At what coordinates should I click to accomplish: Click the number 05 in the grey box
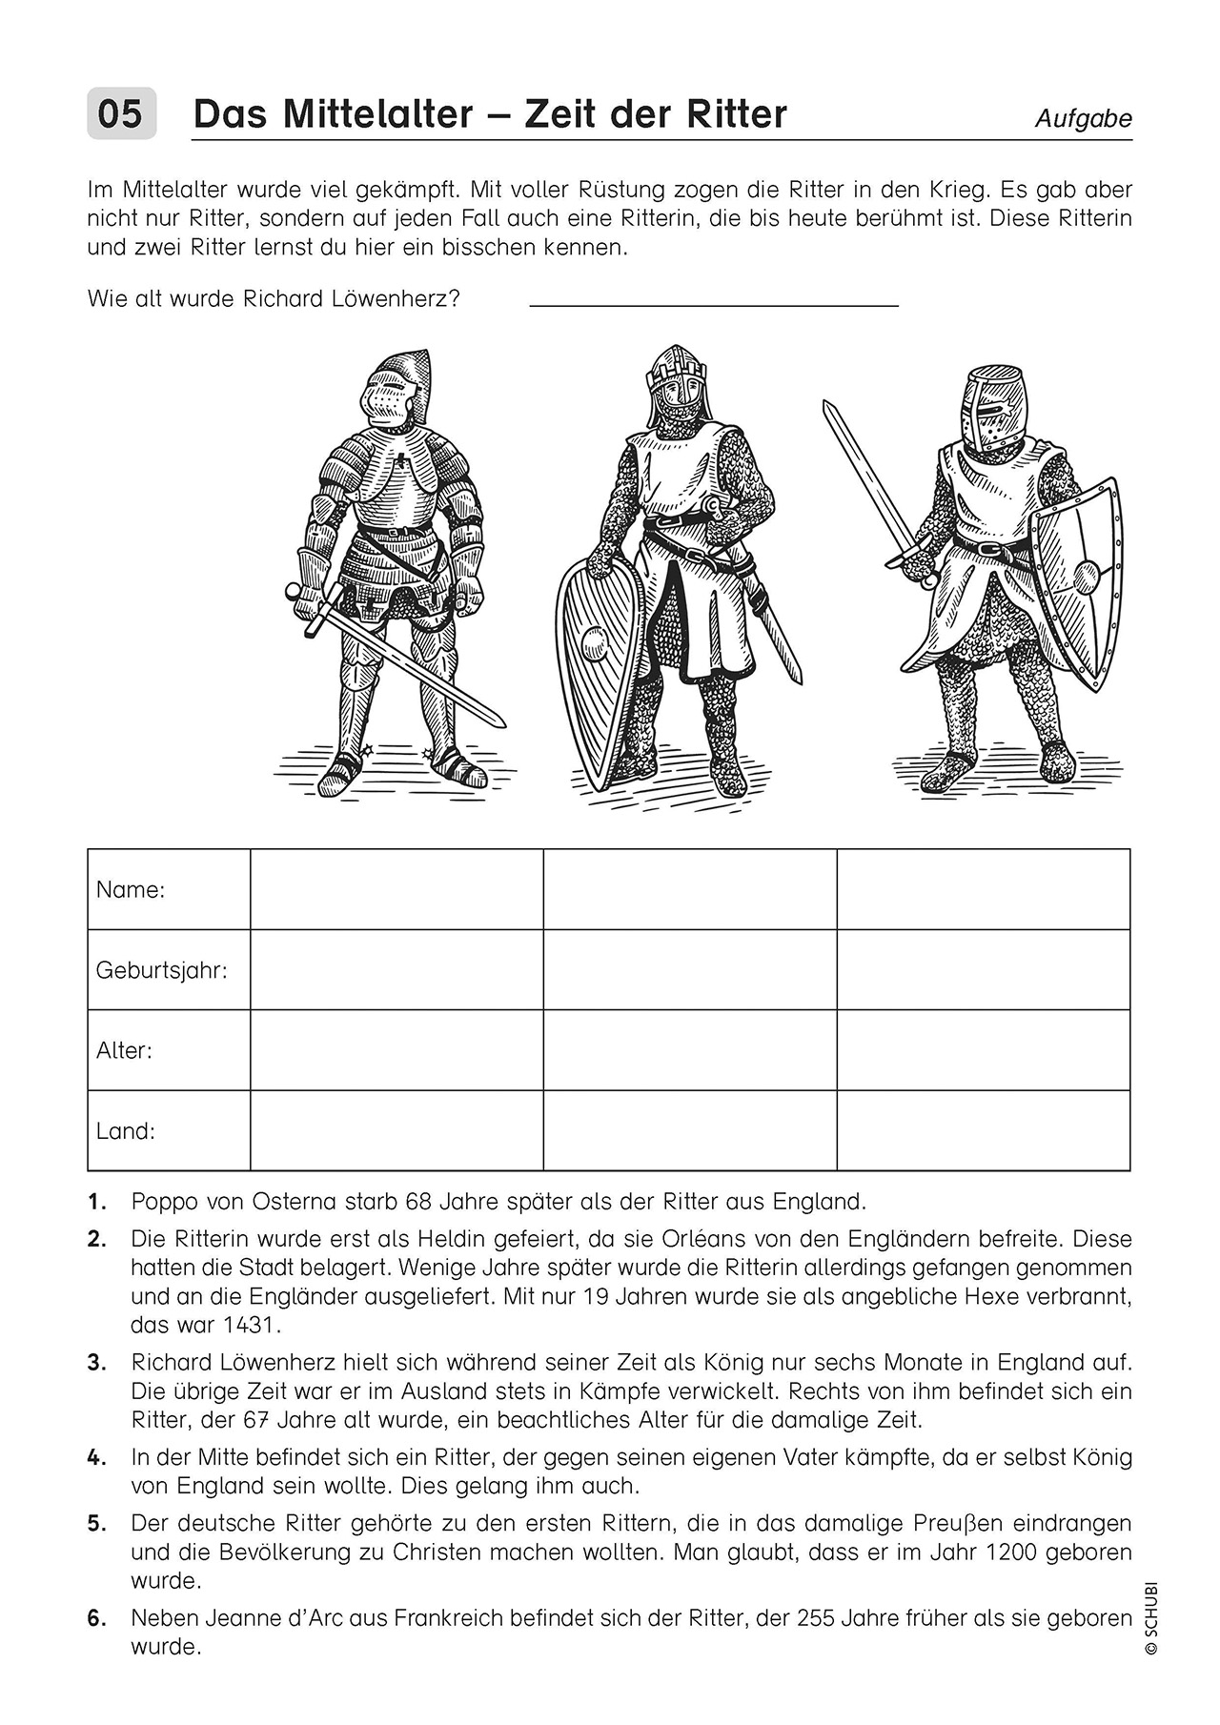click(x=121, y=114)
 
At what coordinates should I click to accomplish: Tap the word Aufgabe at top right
click(x=1084, y=119)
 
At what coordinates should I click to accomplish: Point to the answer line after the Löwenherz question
click(x=713, y=305)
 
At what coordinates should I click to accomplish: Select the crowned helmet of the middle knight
click(x=678, y=381)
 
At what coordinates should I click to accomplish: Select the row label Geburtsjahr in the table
click(x=161, y=970)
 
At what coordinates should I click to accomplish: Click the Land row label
click(x=125, y=1131)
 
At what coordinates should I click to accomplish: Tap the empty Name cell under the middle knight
click(x=690, y=889)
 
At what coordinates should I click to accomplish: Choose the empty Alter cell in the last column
click(x=983, y=1050)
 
